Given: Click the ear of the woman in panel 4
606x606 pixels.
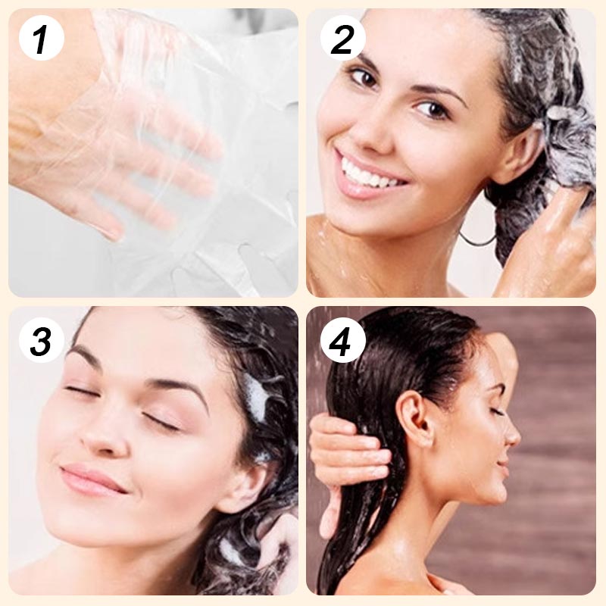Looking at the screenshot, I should coord(412,417).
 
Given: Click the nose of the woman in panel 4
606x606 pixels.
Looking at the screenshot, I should coord(514,435).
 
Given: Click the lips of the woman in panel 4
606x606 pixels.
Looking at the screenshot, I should coord(504,464).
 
